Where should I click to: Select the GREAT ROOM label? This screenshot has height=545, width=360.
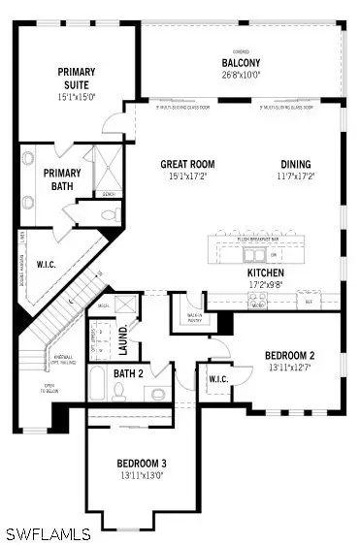(x=187, y=164)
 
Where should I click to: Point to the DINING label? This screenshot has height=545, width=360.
(x=296, y=164)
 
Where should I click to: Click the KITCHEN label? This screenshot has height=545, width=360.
(x=265, y=273)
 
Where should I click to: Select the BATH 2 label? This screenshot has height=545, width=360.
(x=127, y=373)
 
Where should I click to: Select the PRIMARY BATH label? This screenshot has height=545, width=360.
(x=63, y=180)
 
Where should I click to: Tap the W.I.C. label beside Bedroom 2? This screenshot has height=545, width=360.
(x=217, y=379)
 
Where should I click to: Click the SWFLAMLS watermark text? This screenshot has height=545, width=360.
(x=48, y=533)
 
